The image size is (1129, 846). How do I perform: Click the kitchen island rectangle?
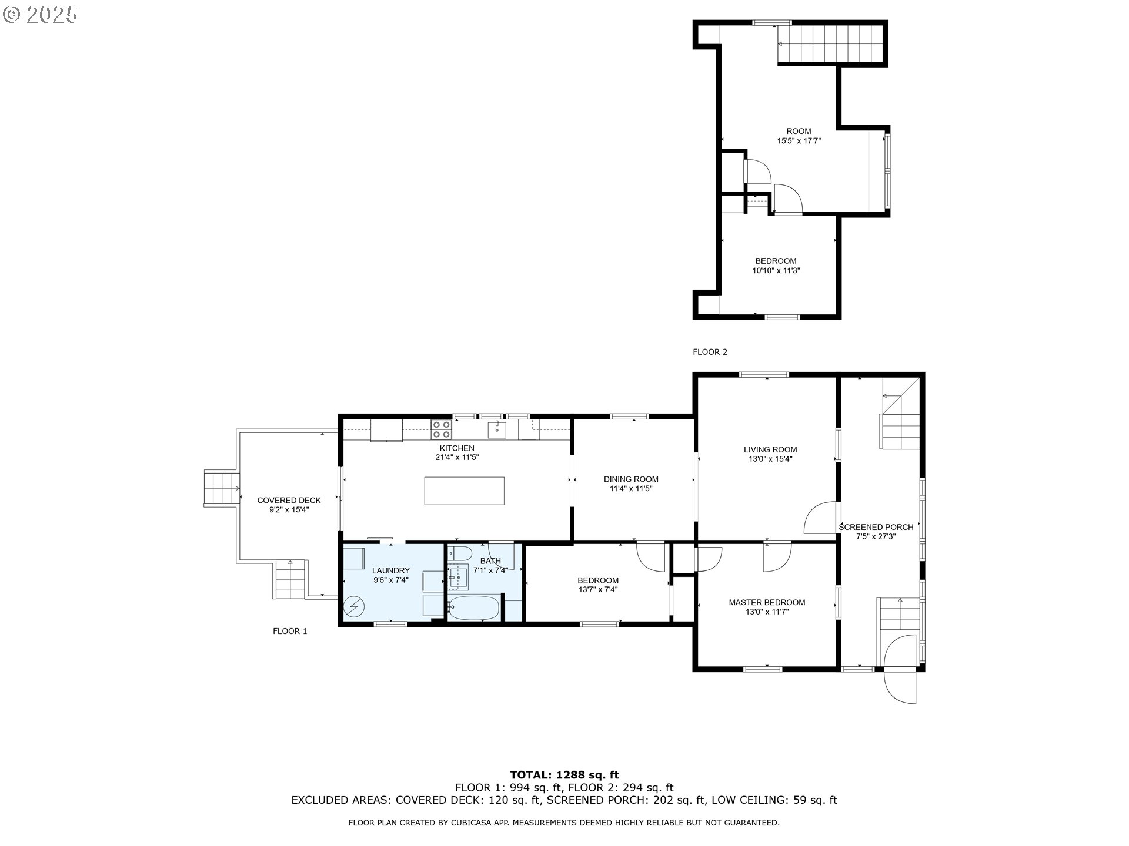point(464,491)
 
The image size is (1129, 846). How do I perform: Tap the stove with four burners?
point(441,429)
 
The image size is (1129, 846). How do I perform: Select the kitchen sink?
point(497,429)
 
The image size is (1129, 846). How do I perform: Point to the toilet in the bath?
point(459,553)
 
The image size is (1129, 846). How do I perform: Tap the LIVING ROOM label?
point(770,449)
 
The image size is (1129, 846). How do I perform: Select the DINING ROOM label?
point(631,479)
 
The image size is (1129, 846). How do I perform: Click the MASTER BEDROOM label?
point(767,602)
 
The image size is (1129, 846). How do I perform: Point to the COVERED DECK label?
point(289,501)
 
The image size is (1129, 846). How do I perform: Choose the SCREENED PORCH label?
point(876,527)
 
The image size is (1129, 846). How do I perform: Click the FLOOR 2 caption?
point(710,352)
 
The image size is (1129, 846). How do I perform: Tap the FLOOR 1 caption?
point(290,631)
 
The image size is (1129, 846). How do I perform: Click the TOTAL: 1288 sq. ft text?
point(564,775)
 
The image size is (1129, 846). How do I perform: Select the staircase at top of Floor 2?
point(830,44)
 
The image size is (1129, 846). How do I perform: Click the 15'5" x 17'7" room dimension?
point(799,141)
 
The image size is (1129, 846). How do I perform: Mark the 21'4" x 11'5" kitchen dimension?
point(457,457)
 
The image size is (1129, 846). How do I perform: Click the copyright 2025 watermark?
point(40,14)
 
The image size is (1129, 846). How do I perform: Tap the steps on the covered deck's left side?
point(221,488)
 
